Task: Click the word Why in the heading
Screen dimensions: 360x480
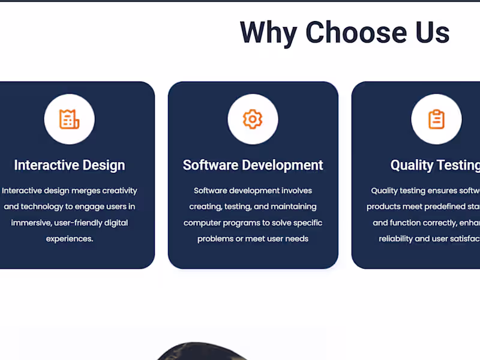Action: click(268, 32)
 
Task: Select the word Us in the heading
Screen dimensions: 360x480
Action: click(430, 32)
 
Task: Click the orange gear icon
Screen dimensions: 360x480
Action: click(253, 119)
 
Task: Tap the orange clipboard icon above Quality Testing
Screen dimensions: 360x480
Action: click(436, 119)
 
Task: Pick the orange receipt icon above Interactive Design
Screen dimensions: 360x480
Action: click(69, 119)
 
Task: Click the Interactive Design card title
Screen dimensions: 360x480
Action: click(70, 165)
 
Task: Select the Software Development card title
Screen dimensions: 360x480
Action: click(253, 165)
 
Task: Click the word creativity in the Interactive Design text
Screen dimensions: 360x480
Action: click(120, 191)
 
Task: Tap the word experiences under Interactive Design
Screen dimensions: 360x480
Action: click(69, 239)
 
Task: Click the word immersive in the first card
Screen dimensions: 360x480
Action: click(28, 223)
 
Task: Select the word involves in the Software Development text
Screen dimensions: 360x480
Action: click(296, 191)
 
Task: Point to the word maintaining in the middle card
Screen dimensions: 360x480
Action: click(293, 206)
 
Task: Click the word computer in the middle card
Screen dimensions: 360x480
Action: click(202, 223)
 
